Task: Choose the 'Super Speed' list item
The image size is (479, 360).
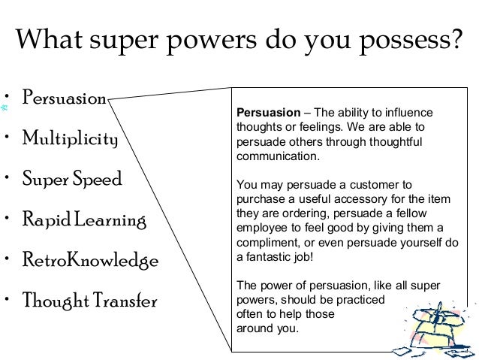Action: (x=72, y=181)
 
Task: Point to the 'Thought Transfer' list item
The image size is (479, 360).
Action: (x=89, y=302)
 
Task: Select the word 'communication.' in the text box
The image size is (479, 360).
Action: (x=278, y=158)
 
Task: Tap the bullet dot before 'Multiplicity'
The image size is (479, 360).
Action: (x=6, y=138)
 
